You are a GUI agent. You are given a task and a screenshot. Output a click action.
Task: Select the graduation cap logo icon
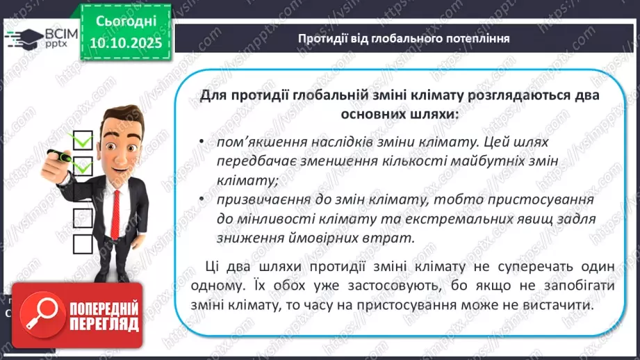pos(22,36)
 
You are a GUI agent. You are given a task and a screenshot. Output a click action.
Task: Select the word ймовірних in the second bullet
pos(325,238)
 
